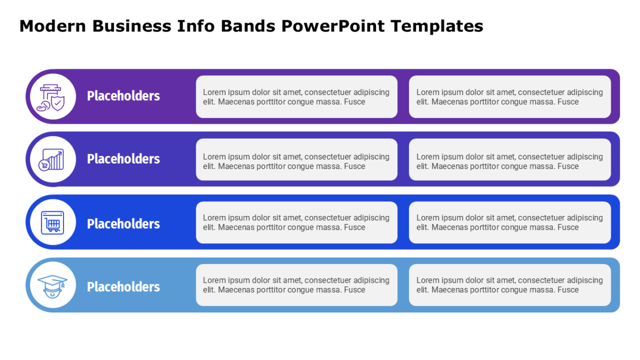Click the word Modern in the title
53,26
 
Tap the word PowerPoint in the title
333,26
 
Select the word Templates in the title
437,27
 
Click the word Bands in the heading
248,26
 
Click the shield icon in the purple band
51,98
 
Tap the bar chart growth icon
51,159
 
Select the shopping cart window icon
53,222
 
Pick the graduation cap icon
53,286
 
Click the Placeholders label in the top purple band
123,96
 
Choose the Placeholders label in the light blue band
123,287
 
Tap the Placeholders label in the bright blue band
123,224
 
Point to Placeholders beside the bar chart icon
123,159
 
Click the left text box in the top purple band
297,97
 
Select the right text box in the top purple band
510,97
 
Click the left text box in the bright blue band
297,222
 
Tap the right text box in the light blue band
510,285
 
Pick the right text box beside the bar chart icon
510,159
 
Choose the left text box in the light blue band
297,285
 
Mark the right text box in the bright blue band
510,222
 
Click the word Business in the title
132,26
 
